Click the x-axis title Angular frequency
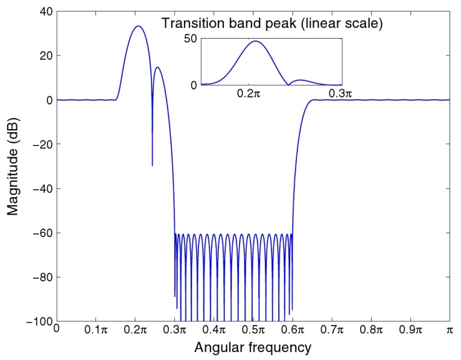[252, 347]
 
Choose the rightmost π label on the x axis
[450, 330]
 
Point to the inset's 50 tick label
[191, 39]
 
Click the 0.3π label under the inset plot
[340, 94]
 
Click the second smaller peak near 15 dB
[157, 67]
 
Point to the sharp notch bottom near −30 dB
[152, 165]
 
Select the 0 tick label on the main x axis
[57, 330]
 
